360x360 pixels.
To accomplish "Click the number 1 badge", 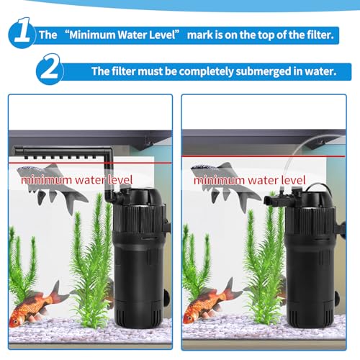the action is coord(22,33).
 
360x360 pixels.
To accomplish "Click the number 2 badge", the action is coord(50,69).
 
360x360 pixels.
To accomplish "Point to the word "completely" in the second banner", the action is coord(206,71).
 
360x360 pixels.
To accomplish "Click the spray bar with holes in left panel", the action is coord(60,153).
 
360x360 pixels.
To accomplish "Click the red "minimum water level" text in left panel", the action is coord(77,180).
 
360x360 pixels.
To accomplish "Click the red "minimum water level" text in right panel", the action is coord(250,180).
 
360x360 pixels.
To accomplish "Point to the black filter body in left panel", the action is coord(139,259).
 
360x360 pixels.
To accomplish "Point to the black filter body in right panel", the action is coord(312,259).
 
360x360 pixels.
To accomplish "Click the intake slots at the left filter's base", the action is coord(137,316).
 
